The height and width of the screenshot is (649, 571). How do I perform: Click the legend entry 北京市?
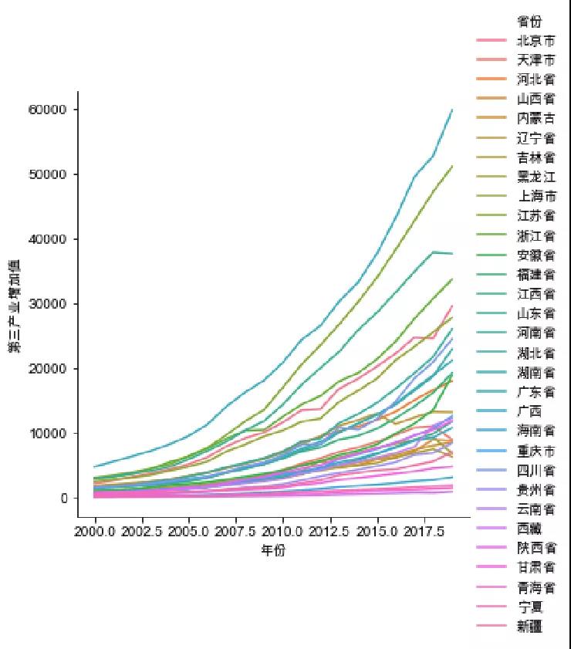point(535,40)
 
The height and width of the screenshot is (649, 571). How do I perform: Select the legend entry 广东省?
point(535,392)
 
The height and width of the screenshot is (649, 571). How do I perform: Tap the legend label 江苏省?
point(535,216)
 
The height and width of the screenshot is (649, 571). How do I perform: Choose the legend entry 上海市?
point(535,197)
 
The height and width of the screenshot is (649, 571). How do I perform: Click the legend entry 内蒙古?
point(535,119)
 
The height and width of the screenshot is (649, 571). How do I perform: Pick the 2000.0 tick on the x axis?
point(95,532)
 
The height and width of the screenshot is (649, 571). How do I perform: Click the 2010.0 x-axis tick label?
point(282,532)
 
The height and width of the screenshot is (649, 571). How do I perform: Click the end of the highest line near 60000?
point(452,110)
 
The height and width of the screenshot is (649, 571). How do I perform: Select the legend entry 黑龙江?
point(535,177)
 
